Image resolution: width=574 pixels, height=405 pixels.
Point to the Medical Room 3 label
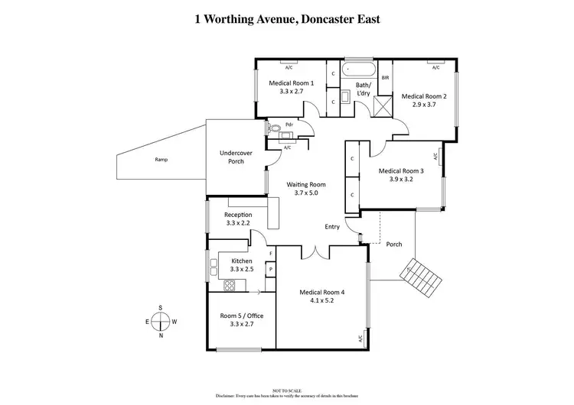[x=400, y=171]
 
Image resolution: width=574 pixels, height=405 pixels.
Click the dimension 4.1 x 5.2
[x=321, y=301]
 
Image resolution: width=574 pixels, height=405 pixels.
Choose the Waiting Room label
[x=306, y=185]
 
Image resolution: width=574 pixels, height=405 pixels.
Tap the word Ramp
[x=161, y=160]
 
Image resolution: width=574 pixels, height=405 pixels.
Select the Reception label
[x=238, y=215]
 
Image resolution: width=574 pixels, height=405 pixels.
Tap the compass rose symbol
[x=160, y=322]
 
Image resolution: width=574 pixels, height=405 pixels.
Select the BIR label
[x=385, y=78]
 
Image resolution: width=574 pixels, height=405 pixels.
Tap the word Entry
[x=332, y=227]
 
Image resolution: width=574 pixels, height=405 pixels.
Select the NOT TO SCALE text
[x=286, y=390]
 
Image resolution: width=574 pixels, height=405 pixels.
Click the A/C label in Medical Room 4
[x=360, y=339]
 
